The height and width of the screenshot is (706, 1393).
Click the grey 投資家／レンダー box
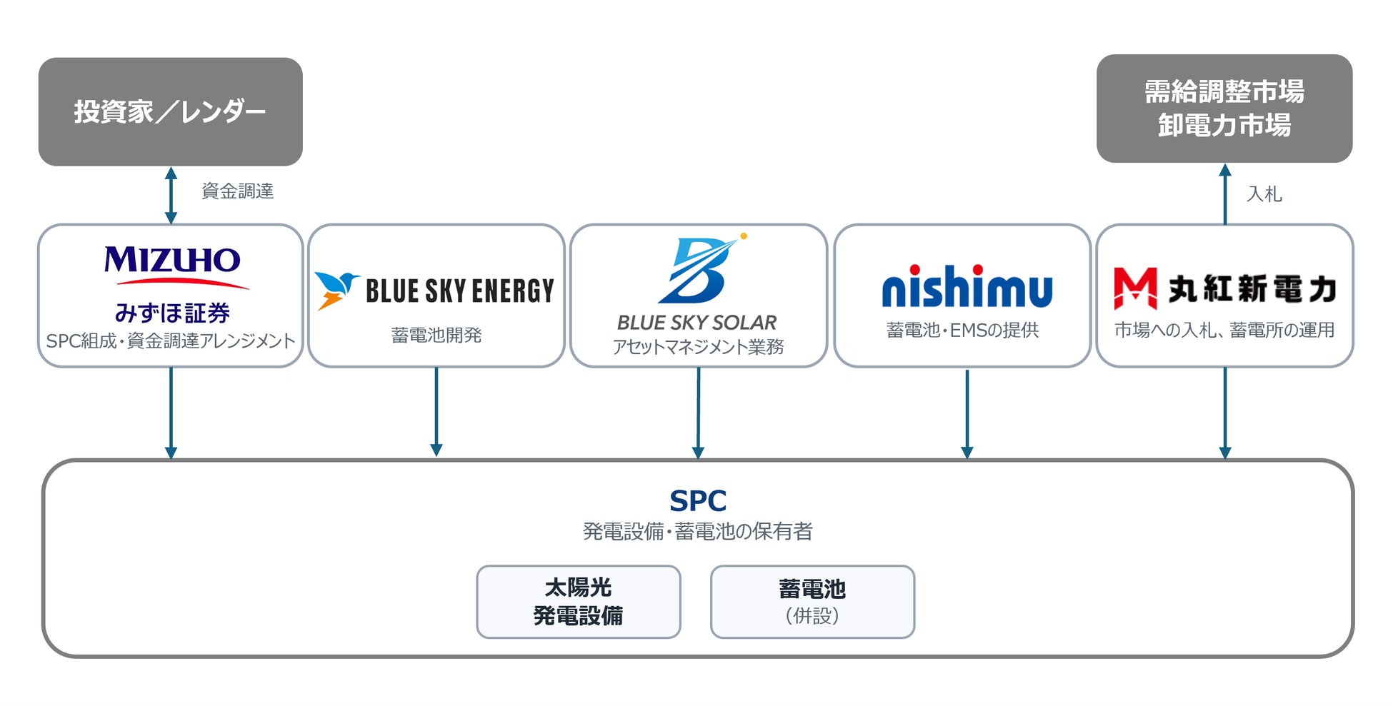170,111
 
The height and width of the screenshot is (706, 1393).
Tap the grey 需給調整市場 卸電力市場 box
1224,109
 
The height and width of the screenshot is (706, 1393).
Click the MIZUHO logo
172,266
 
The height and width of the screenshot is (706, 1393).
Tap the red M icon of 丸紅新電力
1135,288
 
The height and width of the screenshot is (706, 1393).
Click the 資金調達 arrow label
238,191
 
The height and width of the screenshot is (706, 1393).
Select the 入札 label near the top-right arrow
1264,194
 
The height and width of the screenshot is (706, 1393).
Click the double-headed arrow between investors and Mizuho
171,195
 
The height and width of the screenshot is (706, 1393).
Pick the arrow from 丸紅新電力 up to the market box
1225,194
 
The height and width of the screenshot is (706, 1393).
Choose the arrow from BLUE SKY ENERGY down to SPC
436,412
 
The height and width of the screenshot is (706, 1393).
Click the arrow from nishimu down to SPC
967,414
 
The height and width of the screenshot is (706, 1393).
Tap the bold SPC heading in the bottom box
698,501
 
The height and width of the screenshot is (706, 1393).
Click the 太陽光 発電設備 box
579,602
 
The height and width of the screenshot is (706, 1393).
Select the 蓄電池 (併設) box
812,602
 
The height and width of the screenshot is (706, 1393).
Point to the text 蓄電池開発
436,335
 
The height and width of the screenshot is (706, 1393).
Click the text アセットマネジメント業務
698,347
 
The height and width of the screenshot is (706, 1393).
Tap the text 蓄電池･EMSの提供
962,330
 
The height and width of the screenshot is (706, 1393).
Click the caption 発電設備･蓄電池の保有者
698,531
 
